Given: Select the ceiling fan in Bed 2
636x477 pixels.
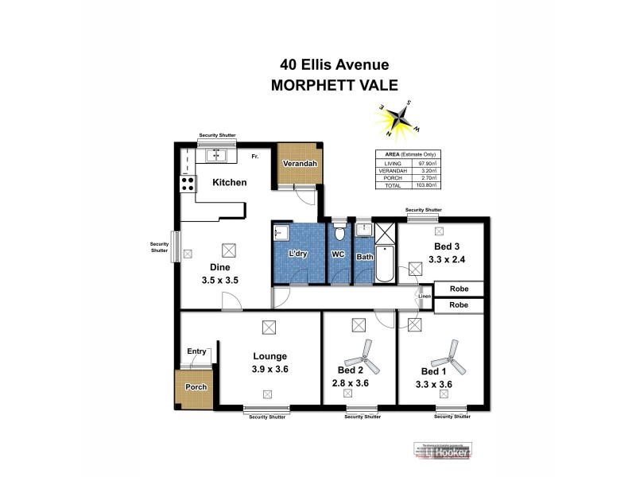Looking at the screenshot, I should coord(365,351).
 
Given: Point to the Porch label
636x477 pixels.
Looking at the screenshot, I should coord(196,387).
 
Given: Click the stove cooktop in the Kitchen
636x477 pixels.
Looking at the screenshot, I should coord(188,184).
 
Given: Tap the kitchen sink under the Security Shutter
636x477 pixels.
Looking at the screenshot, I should coord(217,154).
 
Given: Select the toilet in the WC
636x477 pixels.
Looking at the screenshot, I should coord(339,234).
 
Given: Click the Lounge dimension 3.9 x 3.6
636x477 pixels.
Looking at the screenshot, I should coord(270,370).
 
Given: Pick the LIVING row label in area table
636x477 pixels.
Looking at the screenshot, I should coord(394,163).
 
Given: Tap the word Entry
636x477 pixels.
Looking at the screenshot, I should coord(196,351).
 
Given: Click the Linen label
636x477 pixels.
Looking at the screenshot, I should coord(425,297).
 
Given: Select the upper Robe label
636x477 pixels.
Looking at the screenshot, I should coord(459,289).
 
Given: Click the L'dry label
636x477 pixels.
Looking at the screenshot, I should coord(299,254).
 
